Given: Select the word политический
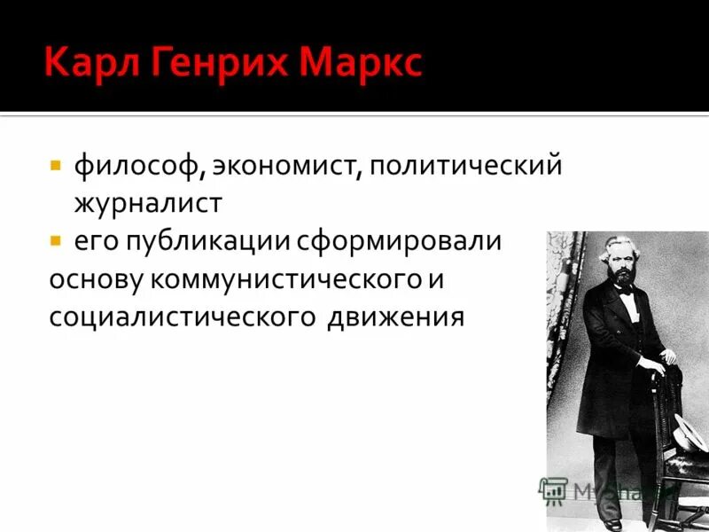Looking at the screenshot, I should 466,167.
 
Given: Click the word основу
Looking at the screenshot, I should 97,278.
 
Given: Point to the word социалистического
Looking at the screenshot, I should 181,316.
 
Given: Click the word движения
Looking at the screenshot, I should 395,317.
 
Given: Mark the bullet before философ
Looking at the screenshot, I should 55,166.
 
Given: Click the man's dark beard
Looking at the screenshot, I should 620,278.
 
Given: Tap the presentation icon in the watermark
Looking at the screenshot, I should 554,489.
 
